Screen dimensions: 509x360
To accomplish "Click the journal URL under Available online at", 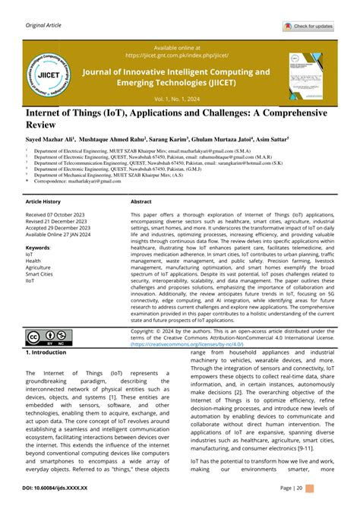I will tap(178, 55).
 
